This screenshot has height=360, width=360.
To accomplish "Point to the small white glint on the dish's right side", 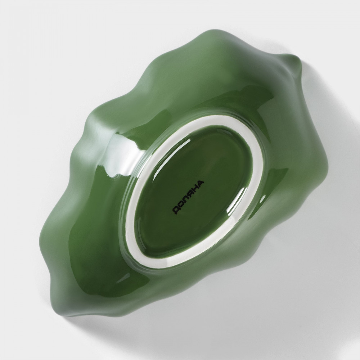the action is click(x=262, y=200).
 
